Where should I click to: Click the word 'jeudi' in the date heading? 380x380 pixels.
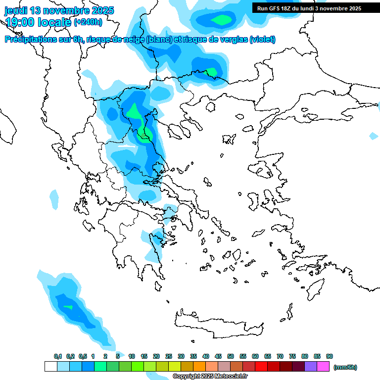tap(16, 10)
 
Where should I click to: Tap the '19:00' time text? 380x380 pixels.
tap(20, 22)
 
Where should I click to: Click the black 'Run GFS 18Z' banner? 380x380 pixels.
tap(307, 8)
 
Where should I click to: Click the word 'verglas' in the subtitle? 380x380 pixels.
tap(230, 40)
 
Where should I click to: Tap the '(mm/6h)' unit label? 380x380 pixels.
tap(345, 367)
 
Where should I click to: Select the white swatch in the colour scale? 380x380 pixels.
tap(50, 367)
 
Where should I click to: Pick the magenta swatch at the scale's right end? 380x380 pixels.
tap(323, 367)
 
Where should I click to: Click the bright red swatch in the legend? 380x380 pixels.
tap(261, 367)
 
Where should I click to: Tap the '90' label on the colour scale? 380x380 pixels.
tap(330, 356)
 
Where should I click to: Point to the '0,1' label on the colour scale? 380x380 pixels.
tap(58, 356)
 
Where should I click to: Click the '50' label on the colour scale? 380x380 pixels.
tap(231, 356)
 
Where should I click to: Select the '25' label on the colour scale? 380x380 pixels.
tap(169, 356)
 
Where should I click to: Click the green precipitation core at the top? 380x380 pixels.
tap(221, 20)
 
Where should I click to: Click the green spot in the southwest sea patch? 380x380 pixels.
tap(68, 307)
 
